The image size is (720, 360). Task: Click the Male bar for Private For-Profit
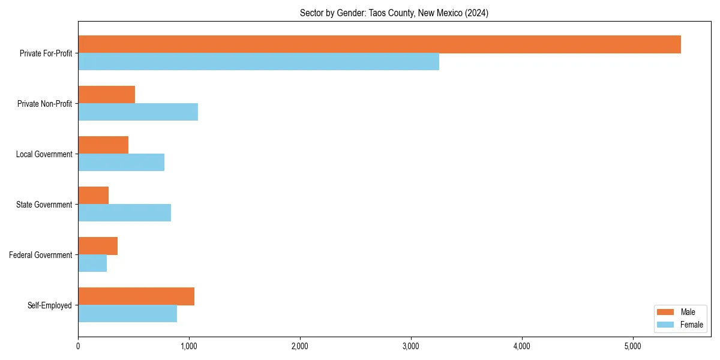[x=379, y=44]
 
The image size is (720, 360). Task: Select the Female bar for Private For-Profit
[x=259, y=62]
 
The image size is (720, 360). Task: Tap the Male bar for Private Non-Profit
[x=106, y=95]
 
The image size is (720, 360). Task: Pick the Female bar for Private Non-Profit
[x=138, y=112]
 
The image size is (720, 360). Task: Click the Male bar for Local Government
[x=103, y=145]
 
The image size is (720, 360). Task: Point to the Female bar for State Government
[x=124, y=213]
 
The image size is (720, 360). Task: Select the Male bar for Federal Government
[x=98, y=246]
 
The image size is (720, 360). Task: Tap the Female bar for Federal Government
[x=92, y=263]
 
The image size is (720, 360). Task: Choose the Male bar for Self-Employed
[x=136, y=296]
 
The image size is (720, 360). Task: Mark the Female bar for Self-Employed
[x=127, y=314]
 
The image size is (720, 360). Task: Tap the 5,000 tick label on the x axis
[x=633, y=346]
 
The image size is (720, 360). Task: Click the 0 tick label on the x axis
[x=78, y=346]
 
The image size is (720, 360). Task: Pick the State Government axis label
[x=44, y=205]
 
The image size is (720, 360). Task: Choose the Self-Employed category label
[x=50, y=305]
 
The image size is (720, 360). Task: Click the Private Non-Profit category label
[x=45, y=104]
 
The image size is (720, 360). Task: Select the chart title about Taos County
[x=394, y=13]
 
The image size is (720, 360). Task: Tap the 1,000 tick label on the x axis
[x=189, y=346]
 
